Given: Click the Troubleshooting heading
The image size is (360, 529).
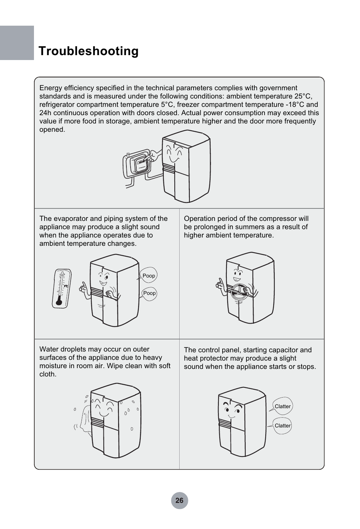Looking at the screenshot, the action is (x=88, y=51).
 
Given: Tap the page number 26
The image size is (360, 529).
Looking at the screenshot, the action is (x=179, y=500).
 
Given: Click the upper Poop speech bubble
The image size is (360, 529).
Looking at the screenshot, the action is (x=149, y=276).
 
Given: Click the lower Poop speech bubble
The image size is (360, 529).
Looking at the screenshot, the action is (x=149, y=293).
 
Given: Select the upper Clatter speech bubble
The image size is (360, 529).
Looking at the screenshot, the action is (x=283, y=406).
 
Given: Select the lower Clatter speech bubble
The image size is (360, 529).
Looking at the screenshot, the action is (x=283, y=426).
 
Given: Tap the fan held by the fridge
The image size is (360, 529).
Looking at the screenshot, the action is (x=239, y=291).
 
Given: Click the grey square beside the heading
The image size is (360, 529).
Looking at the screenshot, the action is (x=17, y=43).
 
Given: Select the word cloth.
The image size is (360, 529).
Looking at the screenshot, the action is (x=48, y=374).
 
